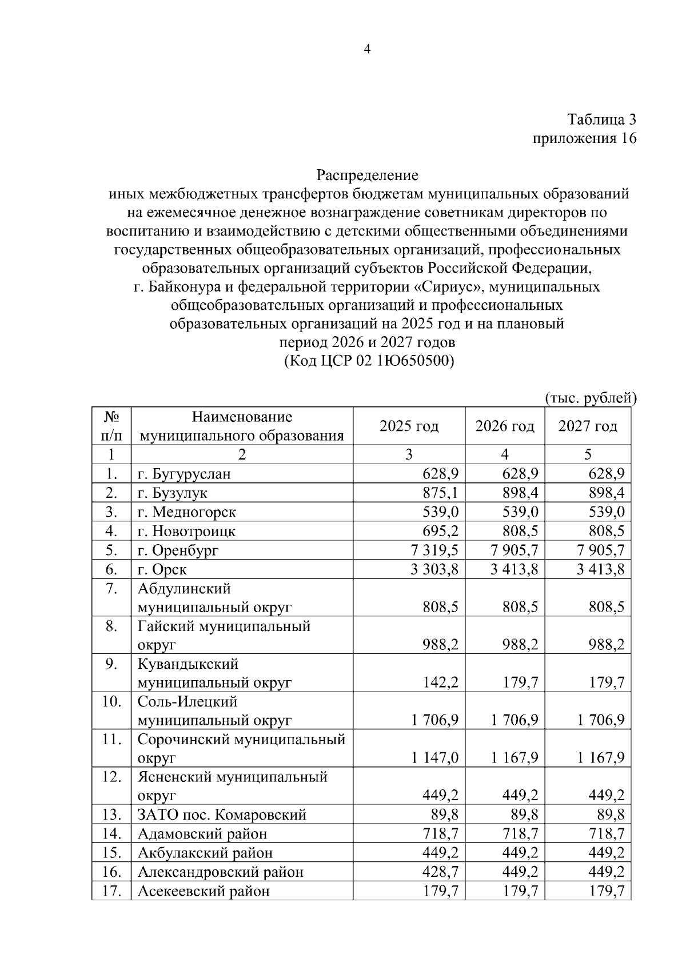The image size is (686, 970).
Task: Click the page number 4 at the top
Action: coord(368,49)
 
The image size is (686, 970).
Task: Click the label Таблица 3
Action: coord(601,119)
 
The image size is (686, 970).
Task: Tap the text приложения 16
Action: coord(584,138)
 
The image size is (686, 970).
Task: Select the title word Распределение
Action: coord(368,175)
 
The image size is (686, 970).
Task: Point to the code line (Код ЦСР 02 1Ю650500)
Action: coord(368,361)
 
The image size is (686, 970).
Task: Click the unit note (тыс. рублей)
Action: coord(591,398)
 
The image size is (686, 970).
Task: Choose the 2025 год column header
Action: coord(409,426)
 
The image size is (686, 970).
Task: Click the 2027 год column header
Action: coord(588,426)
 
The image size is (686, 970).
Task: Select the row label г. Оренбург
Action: coord(178,550)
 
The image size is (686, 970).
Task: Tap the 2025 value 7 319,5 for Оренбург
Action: coord(434,550)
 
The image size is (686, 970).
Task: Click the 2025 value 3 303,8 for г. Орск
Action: coord(434,569)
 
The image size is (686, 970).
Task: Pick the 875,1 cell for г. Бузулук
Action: coord(440,493)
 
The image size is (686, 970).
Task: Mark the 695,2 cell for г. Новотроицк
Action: coord(440,531)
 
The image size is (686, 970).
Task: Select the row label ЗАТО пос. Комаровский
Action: coord(222,815)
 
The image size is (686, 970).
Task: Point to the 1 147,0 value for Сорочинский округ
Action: coord(434,758)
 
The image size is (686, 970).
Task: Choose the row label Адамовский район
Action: coord(202,834)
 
